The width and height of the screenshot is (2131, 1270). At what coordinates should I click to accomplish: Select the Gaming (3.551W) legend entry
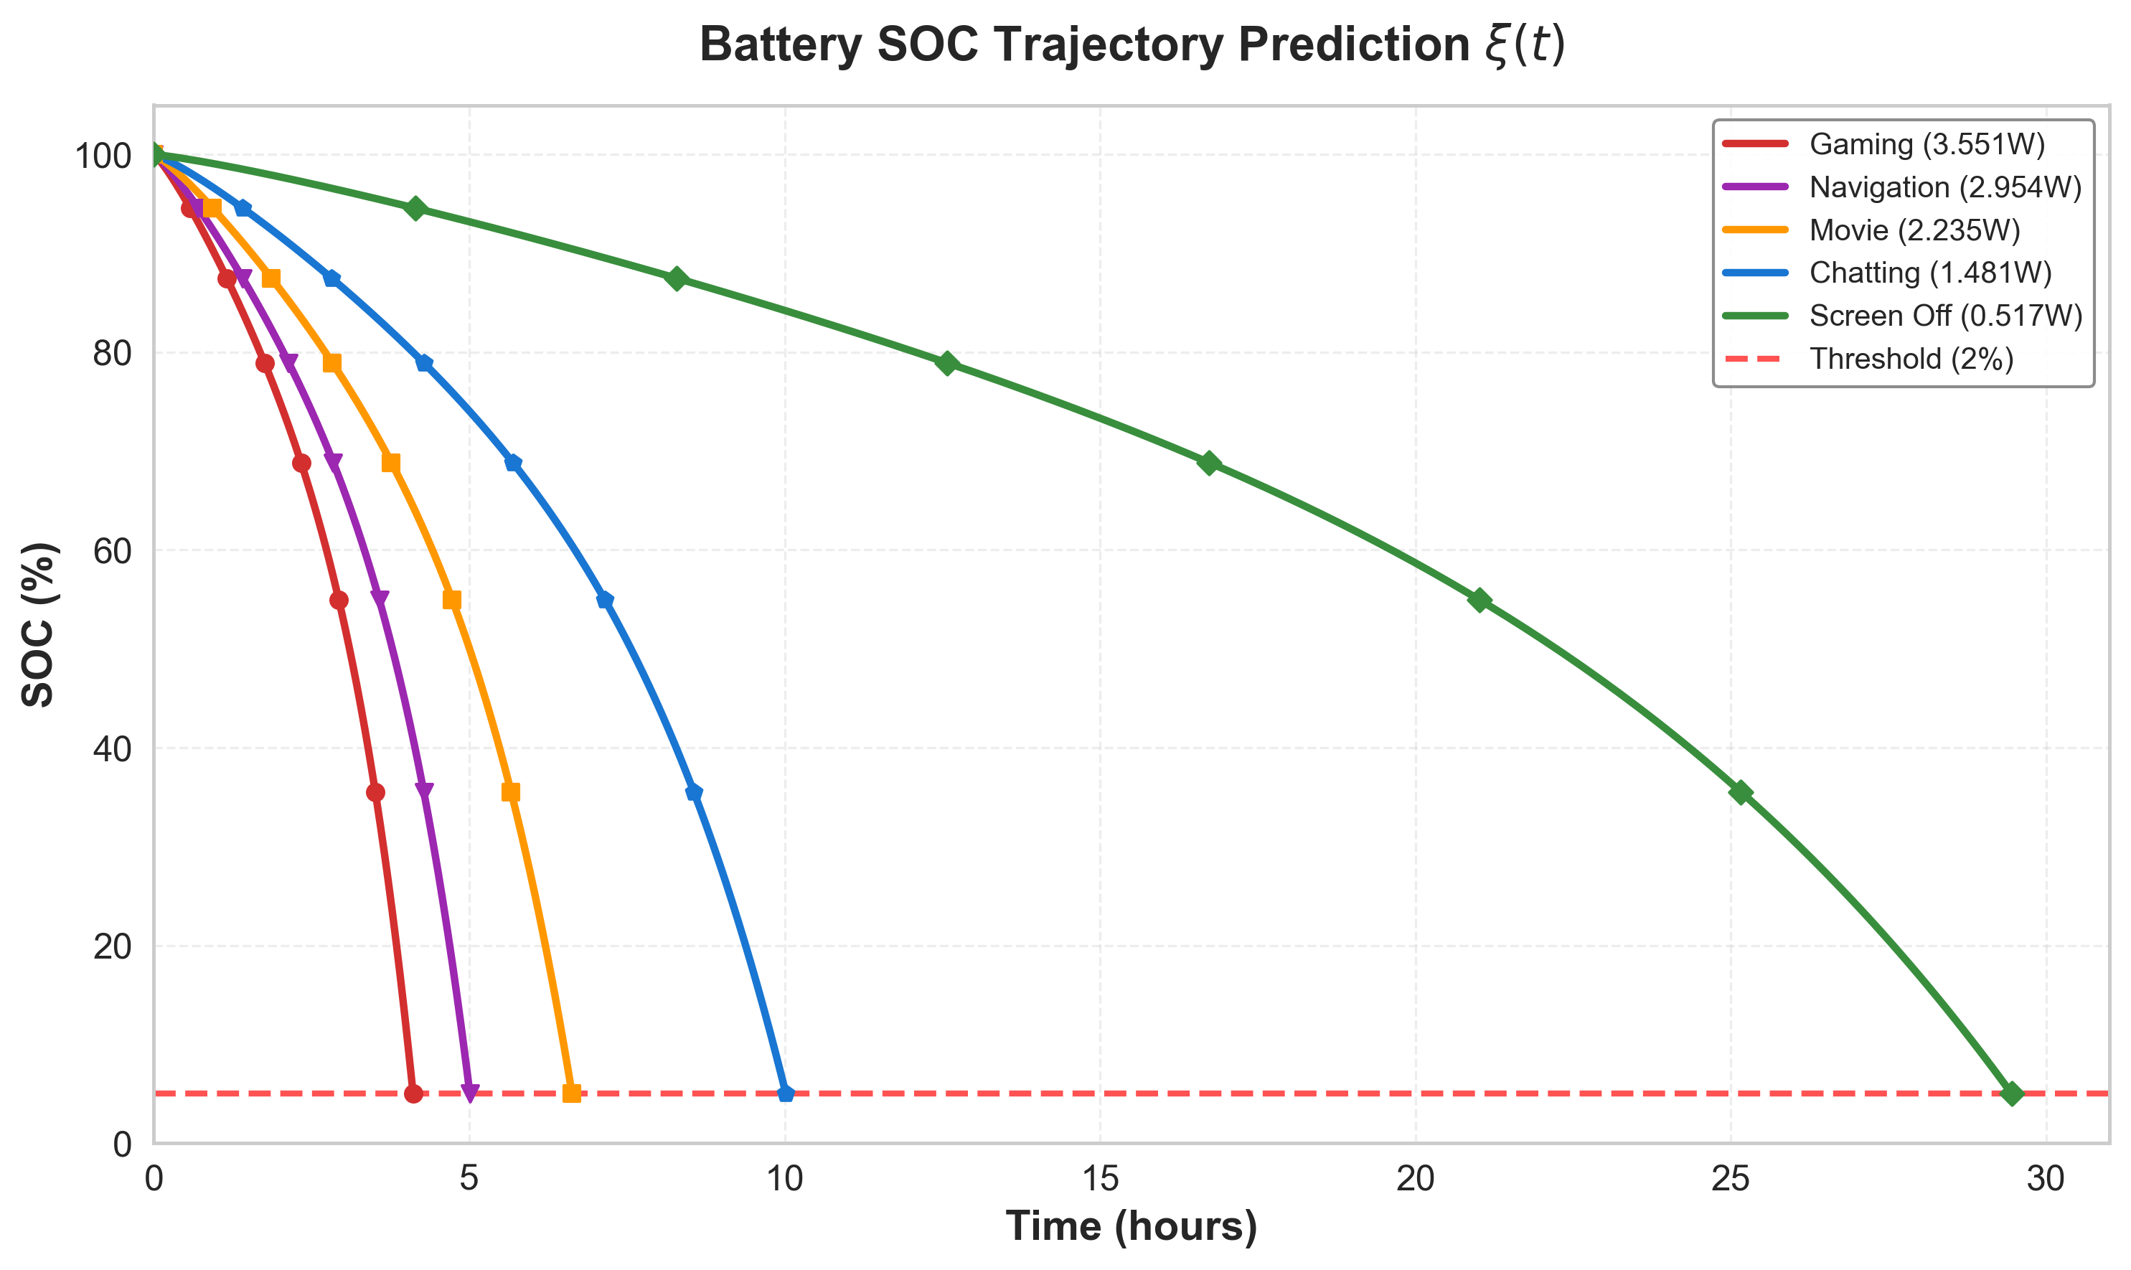[1927, 145]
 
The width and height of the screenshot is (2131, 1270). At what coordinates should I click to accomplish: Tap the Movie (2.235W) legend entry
[1914, 230]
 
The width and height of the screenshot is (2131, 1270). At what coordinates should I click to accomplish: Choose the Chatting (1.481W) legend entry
[1930, 273]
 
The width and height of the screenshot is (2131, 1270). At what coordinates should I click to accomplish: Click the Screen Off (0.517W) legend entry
[1945, 316]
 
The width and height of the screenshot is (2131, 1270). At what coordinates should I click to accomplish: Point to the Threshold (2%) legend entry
[1911, 359]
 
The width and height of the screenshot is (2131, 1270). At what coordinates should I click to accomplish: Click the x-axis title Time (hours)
[1132, 1226]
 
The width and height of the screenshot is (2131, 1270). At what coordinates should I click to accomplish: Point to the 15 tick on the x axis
[1101, 1180]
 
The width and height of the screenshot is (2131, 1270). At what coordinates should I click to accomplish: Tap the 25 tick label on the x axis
[1731, 1180]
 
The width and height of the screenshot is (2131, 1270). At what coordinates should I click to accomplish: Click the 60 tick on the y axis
[111, 551]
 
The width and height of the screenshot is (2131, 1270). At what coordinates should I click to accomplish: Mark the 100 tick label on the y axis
[103, 156]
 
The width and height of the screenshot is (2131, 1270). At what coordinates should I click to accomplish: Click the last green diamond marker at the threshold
[2012, 1093]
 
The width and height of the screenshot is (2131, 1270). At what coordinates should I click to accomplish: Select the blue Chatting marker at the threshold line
[786, 1093]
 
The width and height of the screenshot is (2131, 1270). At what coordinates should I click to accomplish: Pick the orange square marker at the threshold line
[572, 1093]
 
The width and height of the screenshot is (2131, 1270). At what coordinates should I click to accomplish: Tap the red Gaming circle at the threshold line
[413, 1093]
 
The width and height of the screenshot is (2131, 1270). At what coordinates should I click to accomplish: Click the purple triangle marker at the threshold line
[470, 1093]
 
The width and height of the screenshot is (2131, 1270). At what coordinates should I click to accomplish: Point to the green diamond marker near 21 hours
[1479, 600]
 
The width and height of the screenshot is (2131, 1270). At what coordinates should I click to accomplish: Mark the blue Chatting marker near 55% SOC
[605, 600]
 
